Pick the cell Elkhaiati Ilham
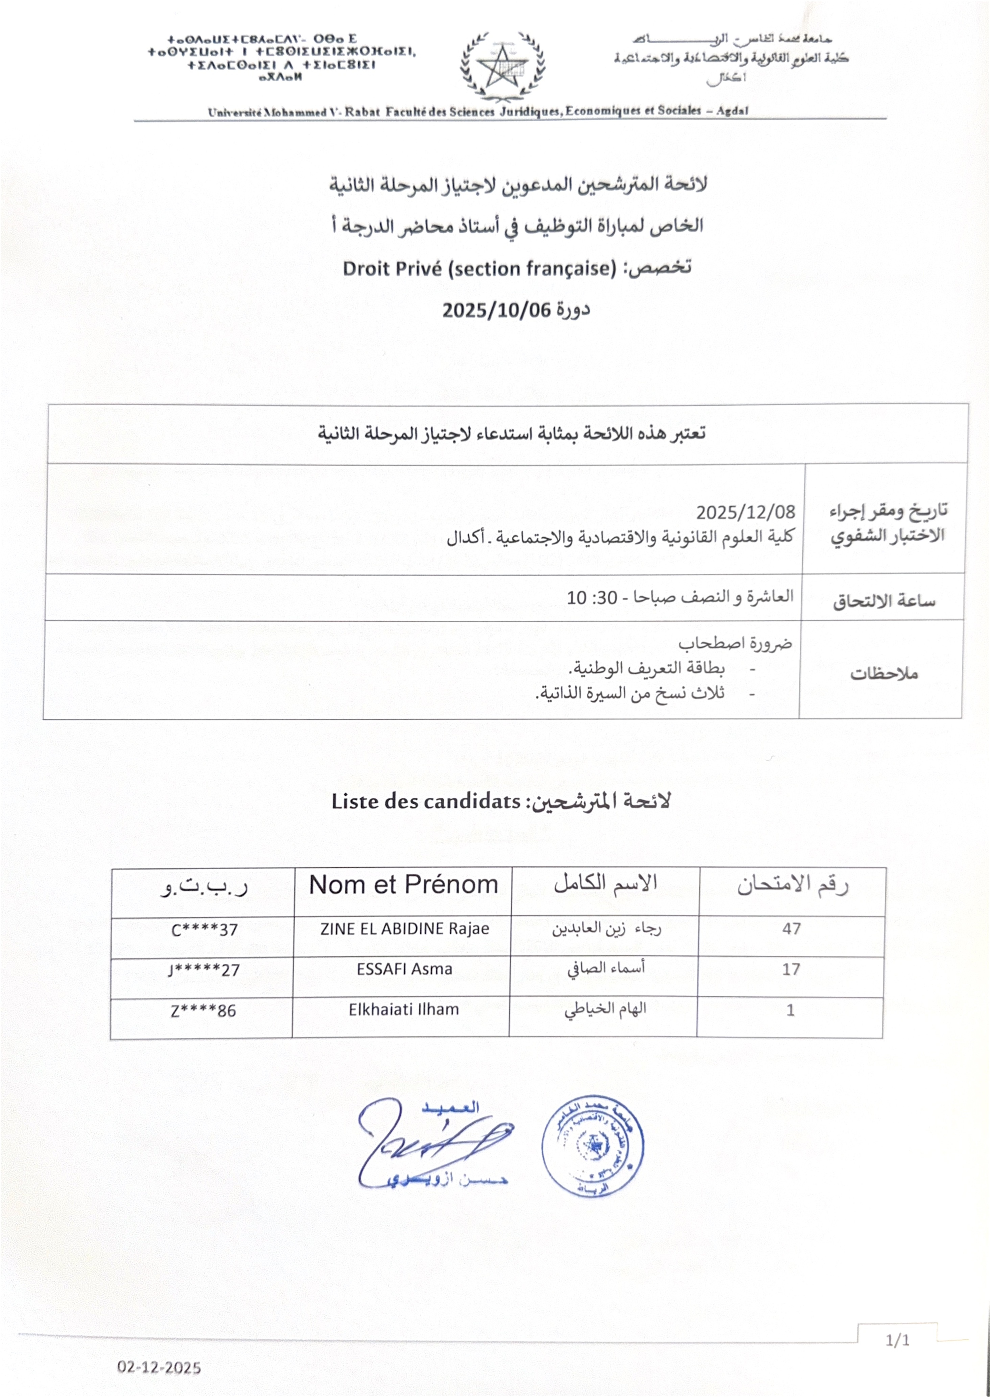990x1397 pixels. pyautogui.click(x=403, y=1009)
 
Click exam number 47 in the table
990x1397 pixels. pyautogui.click(x=791, y=929)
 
